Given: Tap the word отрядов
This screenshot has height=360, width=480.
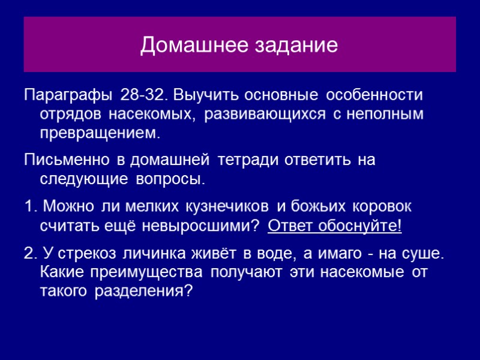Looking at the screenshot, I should coord(71,113).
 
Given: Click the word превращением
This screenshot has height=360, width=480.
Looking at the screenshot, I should coord(100,132).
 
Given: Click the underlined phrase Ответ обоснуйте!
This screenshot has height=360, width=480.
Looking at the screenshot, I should coord(335,226).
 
